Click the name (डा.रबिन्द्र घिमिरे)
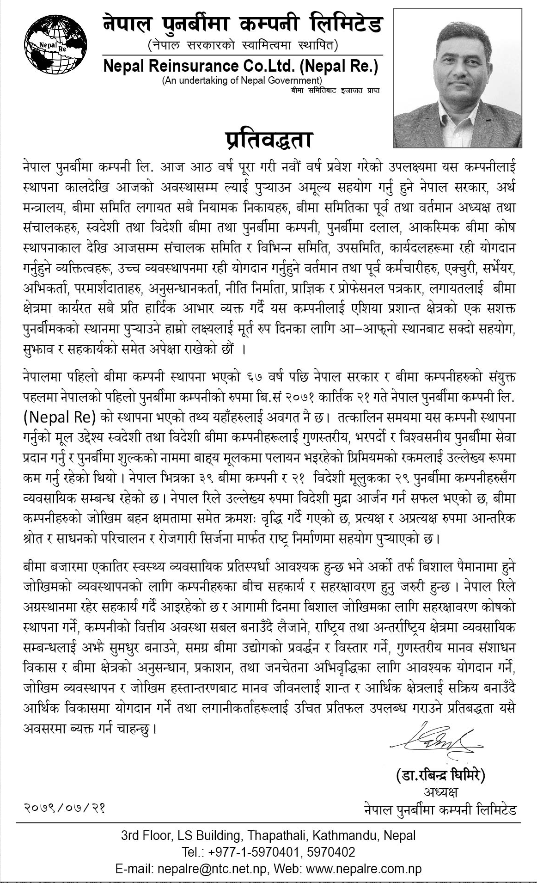point(440,775)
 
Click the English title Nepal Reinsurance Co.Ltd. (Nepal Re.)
point(241,67)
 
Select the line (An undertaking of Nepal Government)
point(242,80)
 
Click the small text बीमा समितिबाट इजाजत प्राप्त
point(335,90)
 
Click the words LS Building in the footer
point(211,835)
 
